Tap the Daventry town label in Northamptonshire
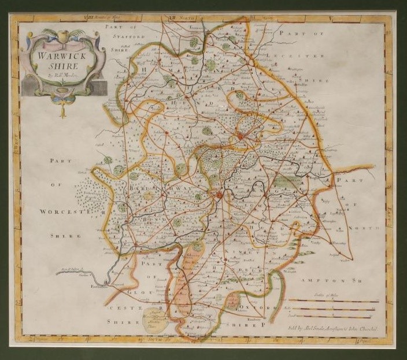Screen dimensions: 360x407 pyautogui.click(x=339, y=243)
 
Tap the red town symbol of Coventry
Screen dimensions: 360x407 pyautogui.click(x=240, y=136)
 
